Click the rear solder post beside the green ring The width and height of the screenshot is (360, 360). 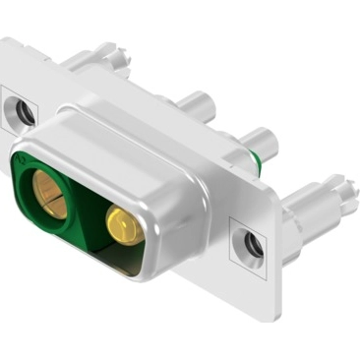pos(262,141)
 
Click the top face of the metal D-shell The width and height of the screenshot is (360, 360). pos(138,138)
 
